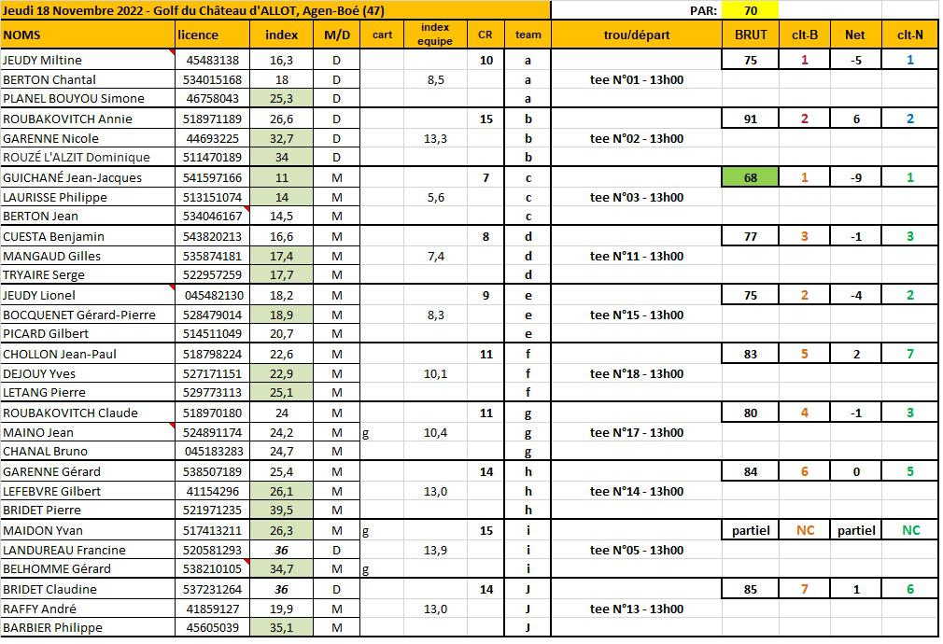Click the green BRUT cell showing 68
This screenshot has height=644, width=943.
[751, 177]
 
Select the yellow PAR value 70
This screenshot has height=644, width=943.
[751, 11]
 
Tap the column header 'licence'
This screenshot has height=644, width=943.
[198, 35]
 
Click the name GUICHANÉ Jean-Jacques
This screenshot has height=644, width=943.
[60, 177]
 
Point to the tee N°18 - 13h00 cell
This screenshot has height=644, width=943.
[637, 373]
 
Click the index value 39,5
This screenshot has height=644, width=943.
[281, 510]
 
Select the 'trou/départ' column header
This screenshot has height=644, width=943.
[637, 35]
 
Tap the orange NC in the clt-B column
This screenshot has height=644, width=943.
[805, 530]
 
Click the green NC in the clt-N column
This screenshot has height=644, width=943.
[910, 530]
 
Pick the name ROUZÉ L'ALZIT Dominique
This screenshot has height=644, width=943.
[70, 158]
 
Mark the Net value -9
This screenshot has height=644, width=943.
[857, 177]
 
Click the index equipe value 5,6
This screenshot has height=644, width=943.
[435, 197]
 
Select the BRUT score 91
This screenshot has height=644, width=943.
[751, 119]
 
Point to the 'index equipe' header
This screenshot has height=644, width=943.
[435, 35]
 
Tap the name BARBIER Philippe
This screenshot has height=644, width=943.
[52, 627]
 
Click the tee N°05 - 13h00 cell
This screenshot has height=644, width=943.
[637, 550]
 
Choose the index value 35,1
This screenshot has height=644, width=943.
[281, 627]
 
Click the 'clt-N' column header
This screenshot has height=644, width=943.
[910, 35]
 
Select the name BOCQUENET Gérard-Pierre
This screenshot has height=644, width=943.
[79, 315]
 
